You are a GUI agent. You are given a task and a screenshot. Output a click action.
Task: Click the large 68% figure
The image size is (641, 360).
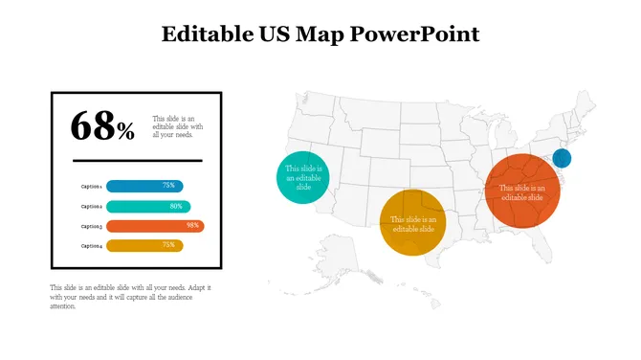(102, 125)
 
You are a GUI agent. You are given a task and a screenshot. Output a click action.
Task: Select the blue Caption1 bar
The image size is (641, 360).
(144, 186)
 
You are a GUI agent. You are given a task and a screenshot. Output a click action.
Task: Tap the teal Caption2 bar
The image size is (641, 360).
(147, 206)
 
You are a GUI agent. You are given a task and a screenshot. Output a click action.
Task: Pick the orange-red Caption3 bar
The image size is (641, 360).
(153, 226)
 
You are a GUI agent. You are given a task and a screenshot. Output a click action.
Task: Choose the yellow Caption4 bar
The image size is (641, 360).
(144, 246)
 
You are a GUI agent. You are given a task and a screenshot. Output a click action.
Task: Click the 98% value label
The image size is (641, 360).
(193, 226)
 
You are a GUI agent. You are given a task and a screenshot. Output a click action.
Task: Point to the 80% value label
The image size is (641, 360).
(176, 206)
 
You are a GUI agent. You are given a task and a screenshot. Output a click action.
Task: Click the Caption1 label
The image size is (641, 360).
(92, 186)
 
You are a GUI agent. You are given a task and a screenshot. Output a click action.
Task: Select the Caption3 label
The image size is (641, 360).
(92, 226)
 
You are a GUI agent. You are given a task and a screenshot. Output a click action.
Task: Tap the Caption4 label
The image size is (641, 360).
(92, 246)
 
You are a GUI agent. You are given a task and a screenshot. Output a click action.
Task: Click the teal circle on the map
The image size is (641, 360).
(303, 177)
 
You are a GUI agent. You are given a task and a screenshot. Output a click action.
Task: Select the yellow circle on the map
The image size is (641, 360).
(412, 222)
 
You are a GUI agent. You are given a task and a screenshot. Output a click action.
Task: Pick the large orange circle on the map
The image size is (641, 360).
(521, 191)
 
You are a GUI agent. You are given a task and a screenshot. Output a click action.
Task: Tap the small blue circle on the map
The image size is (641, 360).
(562, 159)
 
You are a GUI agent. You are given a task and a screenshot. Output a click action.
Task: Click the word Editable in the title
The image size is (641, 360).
(205, 35)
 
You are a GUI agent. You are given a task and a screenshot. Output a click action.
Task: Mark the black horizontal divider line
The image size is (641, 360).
(137, 160)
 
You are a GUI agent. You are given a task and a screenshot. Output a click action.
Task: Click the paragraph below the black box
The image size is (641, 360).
(130, 297)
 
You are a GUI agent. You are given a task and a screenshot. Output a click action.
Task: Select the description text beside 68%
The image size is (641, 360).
(178, 126)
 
